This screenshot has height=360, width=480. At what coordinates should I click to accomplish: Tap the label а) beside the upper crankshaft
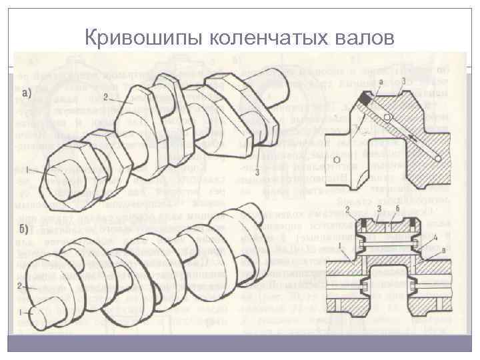point(31,91)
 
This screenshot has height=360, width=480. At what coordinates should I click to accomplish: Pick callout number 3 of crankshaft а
point(257,172)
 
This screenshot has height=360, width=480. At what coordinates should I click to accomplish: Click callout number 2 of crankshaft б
point(23,285)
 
